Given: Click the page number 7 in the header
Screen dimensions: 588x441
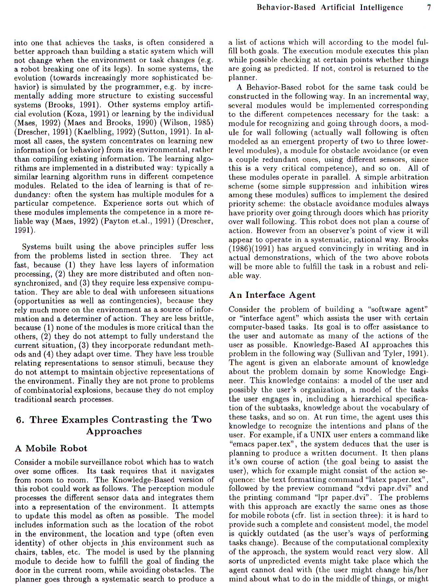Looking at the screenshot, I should (x=429, y=7).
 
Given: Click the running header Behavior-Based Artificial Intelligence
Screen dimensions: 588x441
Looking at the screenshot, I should (x=330, y=7).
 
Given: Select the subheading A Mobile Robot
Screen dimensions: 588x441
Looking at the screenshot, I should (x=51, y=448).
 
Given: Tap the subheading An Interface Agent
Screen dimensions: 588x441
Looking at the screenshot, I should (x=272, y=295).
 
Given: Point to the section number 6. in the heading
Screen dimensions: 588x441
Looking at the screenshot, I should (x=20, y=420).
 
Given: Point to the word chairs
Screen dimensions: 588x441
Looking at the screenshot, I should (x=26, y=552).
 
